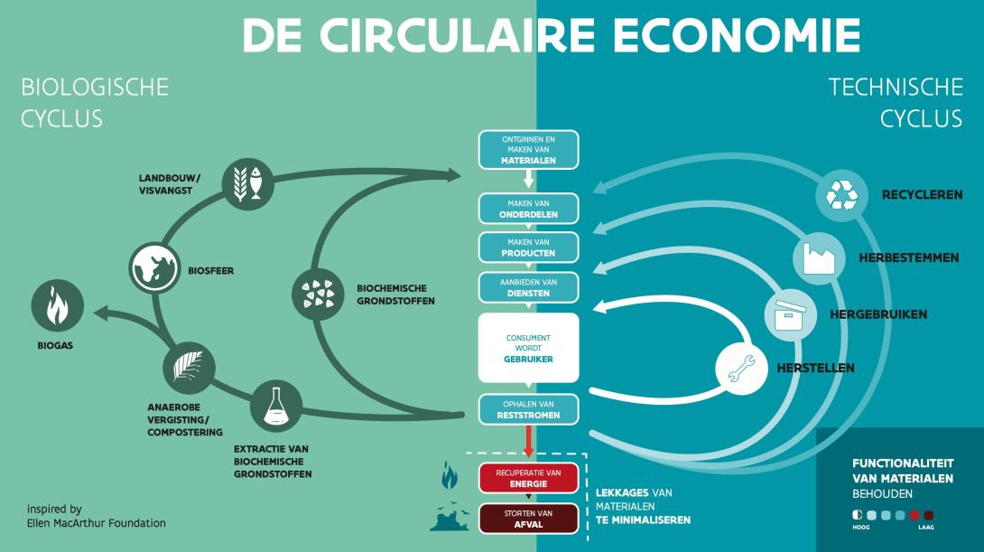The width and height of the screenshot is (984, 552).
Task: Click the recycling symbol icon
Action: click(841, 195)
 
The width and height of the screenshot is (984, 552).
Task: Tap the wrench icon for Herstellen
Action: click(742, 369)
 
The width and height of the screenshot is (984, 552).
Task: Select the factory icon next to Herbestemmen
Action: click(819, 258)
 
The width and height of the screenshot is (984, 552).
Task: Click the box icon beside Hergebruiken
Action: click(790, 314)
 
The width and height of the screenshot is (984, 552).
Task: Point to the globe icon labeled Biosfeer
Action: click(154, 268)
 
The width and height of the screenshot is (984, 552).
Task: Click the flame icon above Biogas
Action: click(58, 306)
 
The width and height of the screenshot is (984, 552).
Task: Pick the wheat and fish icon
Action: click(248, 184)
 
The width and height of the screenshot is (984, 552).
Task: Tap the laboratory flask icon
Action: click(276, 407)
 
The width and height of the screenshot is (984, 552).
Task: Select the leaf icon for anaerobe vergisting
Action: click(189, 368)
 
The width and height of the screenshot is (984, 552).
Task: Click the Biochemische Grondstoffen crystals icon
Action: click(318, 294)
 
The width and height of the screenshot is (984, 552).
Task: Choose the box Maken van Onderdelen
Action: click(528, 209)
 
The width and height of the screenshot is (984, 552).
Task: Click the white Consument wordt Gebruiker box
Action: click(528, 348)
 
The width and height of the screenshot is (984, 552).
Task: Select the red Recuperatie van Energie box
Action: click(528, 479)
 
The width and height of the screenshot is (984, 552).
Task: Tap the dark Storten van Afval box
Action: click(528, 519)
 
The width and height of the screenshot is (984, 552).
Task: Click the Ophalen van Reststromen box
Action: click(528, 409)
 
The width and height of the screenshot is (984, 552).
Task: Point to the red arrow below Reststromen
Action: click(528, 442)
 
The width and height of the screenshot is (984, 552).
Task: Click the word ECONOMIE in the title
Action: click(736, 35)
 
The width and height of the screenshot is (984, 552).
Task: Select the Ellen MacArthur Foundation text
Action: click(96, 523)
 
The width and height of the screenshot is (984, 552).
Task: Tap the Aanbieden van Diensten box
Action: click(528, 287)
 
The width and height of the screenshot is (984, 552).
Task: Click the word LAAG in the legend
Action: click(925, 528)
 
